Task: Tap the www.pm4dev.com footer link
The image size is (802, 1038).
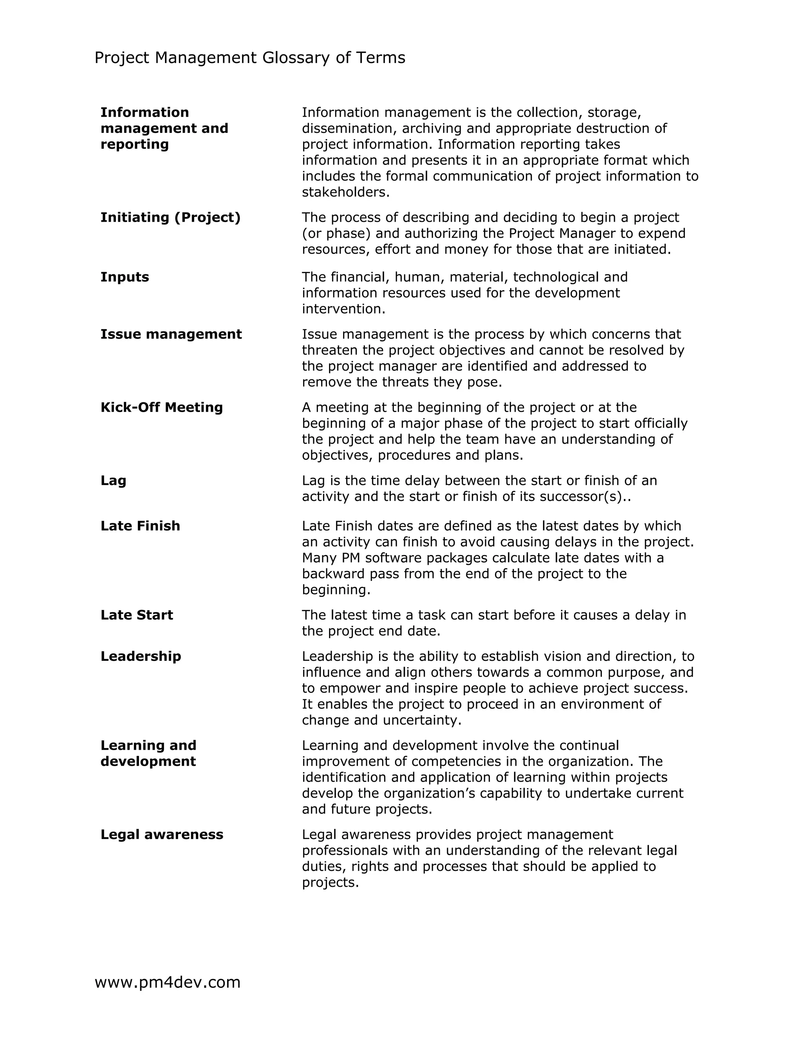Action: [167, 982]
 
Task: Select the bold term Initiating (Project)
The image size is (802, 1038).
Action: [170, 218]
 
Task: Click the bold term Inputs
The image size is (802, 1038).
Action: [125, 277]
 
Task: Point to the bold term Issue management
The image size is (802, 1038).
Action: [171, 334]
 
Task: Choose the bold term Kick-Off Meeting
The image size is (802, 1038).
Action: [162, 407]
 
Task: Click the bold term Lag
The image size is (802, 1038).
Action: [113, 481]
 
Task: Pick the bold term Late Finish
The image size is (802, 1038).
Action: [140, 526]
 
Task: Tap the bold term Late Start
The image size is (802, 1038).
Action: [137, 615]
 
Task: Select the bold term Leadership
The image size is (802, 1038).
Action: [141, 656]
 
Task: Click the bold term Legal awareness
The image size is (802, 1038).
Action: [162, 835]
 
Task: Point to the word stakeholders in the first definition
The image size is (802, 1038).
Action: [345, 192]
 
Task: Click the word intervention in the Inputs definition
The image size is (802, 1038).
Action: [343, 309]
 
